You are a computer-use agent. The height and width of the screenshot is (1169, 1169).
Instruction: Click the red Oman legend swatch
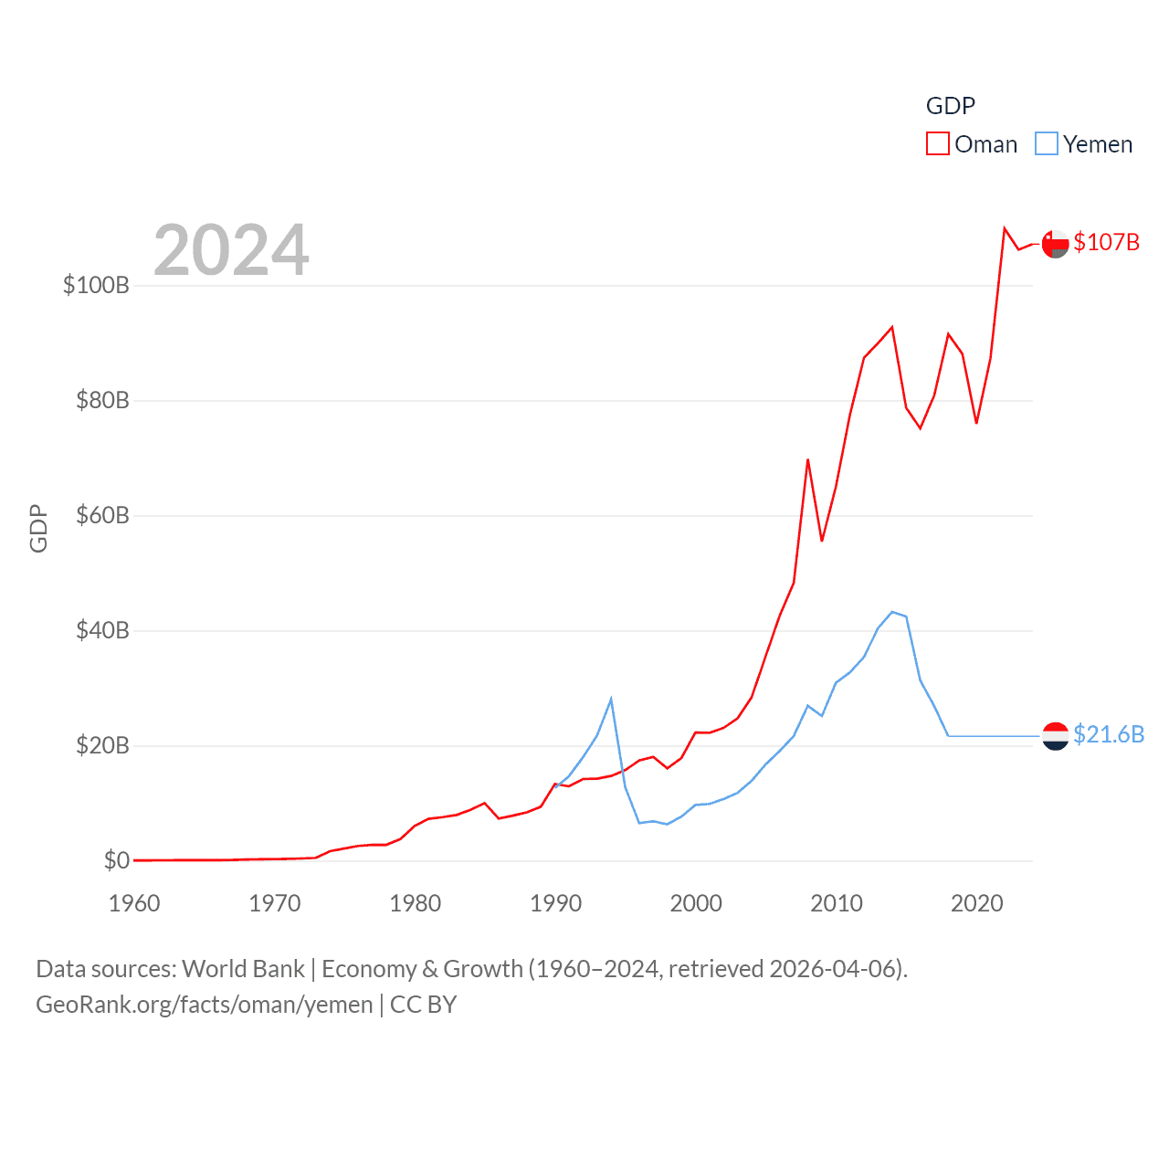tap(938, 144)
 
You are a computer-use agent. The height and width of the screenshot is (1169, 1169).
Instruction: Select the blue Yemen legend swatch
tap(1047, 144)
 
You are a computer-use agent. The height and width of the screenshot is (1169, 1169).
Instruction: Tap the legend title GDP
tap(951, 106)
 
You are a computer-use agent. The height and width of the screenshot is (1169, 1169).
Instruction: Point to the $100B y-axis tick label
tap(96, 285)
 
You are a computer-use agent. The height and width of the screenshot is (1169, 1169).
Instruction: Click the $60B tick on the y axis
tap(102, 515)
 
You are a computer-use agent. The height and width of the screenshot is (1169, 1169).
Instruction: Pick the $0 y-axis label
tap(116, 860)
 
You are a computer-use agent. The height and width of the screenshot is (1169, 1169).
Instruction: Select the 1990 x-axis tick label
tap(555, 903)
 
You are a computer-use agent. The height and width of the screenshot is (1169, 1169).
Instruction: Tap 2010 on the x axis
tap(837, 903)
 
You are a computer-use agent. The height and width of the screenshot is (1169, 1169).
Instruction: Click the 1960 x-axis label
tap(134, 903)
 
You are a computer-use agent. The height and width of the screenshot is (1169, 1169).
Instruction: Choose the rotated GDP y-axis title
tap(38, 528)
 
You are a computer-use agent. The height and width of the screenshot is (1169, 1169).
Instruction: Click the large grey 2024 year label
tap(231, 250)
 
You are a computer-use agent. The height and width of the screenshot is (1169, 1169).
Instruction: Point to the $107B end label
tap(1107, 242)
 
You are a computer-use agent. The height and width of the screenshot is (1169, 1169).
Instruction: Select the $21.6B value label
tap(1109, 734)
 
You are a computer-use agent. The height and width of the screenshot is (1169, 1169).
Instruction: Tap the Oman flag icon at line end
tap(1055, 244)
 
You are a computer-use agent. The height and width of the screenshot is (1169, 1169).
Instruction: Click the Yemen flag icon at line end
tap(1055, 735)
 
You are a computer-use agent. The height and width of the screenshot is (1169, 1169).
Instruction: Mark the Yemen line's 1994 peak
tap(611, 699)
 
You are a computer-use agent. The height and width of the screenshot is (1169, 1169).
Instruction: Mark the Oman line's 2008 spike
tap(808, 459)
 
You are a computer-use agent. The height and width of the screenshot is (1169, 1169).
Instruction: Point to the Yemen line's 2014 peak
tap(892, 612)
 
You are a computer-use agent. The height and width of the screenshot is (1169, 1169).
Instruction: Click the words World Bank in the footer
tap(243, 968)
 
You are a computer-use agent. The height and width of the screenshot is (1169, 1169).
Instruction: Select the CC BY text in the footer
tap(423, 1005)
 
